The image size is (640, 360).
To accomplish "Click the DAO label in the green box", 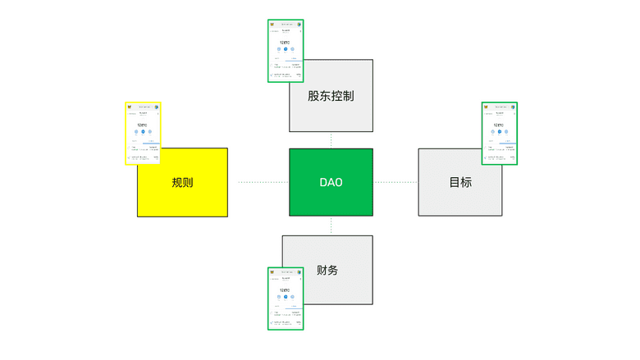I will click(x=331, y=182).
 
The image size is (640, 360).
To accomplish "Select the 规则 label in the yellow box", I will click(x=182, y=182).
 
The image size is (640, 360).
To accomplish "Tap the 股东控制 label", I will click(x=331, y=96).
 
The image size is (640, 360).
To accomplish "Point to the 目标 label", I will click(x=460, y=182).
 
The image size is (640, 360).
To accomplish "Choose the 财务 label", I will click(x=327, y=271).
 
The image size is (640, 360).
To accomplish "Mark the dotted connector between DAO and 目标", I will click(x=395, y=182).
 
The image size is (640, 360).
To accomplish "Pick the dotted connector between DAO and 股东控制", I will click(x=331, y=140).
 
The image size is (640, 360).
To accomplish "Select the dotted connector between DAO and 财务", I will click(x=331, y=226).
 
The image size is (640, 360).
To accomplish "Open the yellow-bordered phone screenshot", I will click(x=143, y=133).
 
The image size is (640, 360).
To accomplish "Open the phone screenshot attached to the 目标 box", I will click(x=499, y=133).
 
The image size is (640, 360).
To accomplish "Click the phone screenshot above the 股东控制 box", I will click(x=286, y=51).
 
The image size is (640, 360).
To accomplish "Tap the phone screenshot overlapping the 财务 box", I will click(x=286, y=298).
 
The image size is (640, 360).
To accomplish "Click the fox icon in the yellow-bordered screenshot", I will click(x=130, y=107).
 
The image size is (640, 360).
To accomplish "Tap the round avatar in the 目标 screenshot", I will click(x=513, y=107).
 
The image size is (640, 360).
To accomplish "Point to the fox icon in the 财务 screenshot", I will click(x=272, y=271).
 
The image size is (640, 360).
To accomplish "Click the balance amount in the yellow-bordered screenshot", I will click(x=143, y=125).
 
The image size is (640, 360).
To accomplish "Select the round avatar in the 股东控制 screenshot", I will click(x=299, y=24).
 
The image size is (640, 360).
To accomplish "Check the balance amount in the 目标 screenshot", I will click(x=499, y=125).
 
